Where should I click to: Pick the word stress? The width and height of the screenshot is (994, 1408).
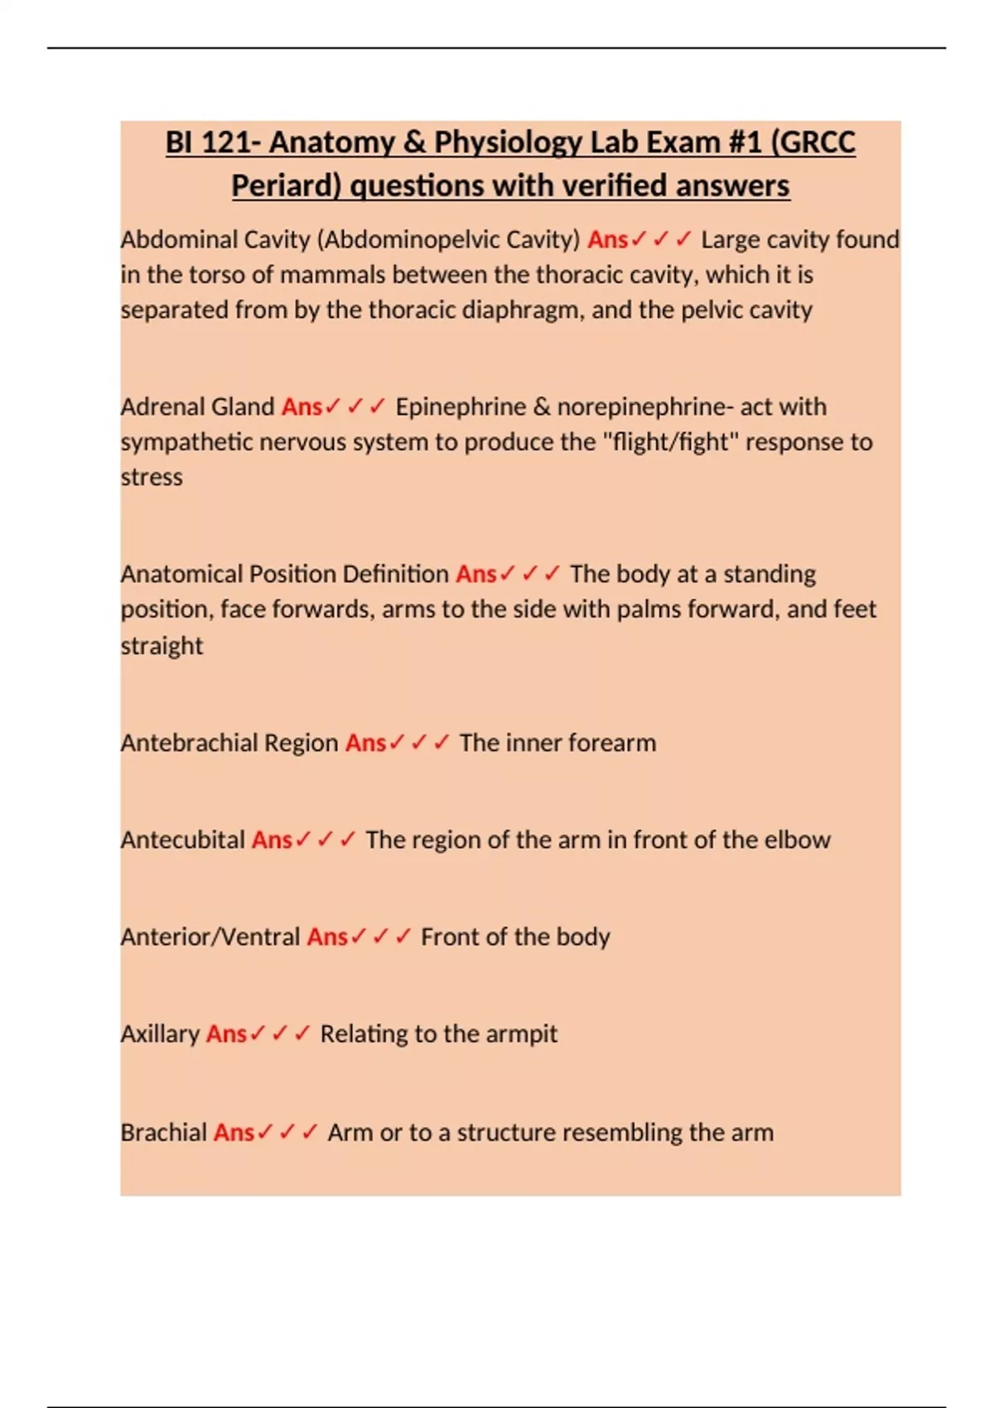pos(152,478)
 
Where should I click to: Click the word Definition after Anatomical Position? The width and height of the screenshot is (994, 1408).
pos(395,574)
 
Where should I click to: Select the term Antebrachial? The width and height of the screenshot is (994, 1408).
pos(188,743)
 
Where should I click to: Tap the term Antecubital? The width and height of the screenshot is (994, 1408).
pos(183,840)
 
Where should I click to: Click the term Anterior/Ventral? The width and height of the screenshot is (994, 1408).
pos(210,937)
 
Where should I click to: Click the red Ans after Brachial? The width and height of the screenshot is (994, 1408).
pos(234,1132)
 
